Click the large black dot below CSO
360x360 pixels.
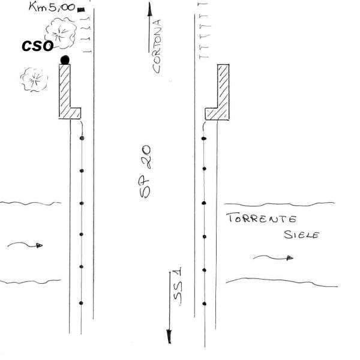pos(65,59)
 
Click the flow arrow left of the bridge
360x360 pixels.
pos(26,245)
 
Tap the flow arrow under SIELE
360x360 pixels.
pos(273,257)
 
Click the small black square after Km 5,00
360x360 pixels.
pos(81,9)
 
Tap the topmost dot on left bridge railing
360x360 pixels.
pos(82,139)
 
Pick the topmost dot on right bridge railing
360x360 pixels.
pos(203,139)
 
